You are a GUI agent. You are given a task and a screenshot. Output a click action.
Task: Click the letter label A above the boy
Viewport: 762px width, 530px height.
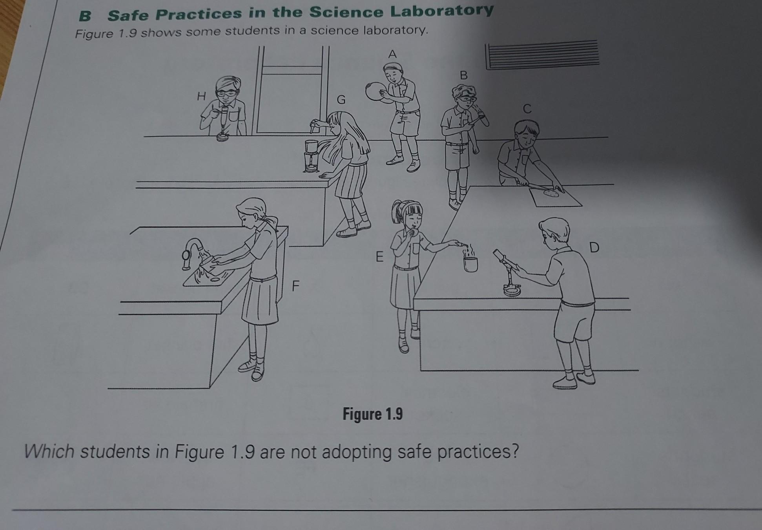(x=392, y=54)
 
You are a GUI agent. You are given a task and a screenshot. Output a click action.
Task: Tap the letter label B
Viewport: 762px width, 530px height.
(x=464, y=75)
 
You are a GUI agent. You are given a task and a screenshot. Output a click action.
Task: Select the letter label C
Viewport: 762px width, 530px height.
(x=527, y=109)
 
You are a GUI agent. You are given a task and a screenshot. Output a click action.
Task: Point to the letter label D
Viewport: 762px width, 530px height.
(x=594, y=247)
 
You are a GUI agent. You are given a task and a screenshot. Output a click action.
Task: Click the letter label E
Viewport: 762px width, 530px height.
(x=379, y=257)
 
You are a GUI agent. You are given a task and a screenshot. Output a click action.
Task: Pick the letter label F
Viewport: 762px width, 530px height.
(x=295, y=287)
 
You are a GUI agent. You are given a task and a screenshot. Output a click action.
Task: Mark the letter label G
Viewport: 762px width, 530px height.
(x=341, y=100)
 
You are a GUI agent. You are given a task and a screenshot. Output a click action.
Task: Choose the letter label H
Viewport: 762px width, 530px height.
(x=201, y=96)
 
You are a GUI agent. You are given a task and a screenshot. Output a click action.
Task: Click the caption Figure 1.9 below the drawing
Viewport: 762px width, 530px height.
(x=373, y=414)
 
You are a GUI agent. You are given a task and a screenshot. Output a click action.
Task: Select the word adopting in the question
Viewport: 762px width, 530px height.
(x=357, y=453)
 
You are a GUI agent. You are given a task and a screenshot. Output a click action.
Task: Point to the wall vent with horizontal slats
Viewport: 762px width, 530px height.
(x=542, y=55)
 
